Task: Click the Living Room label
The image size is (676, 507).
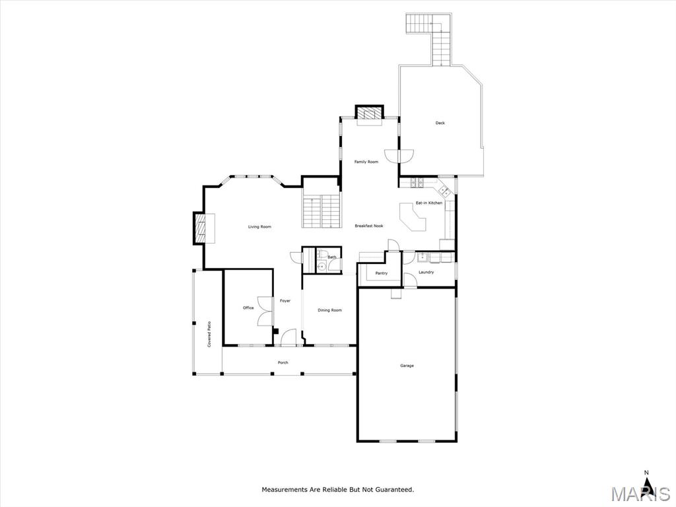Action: [259, 227]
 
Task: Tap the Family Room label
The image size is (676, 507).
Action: [366, 162]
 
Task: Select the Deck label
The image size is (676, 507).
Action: [440, 123]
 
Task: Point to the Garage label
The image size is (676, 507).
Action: [407, 366]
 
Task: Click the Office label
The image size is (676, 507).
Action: [248, 308]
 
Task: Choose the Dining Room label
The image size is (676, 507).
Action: [330, 310]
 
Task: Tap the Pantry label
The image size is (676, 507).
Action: [382, 273]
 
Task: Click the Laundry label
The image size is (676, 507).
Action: [426, 273]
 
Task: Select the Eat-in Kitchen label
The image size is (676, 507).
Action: [429, 203]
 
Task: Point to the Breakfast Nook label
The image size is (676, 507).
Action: [369, 226]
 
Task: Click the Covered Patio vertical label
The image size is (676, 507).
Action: [209, 335]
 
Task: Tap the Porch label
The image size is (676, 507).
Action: [283, 362]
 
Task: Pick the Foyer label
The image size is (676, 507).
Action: [285, 301]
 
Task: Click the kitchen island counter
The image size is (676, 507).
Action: [412, 218]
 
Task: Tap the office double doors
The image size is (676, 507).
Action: [264, 312]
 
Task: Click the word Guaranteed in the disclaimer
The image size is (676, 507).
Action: [394, 490]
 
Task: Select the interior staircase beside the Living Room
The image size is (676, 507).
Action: [321, 211]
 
